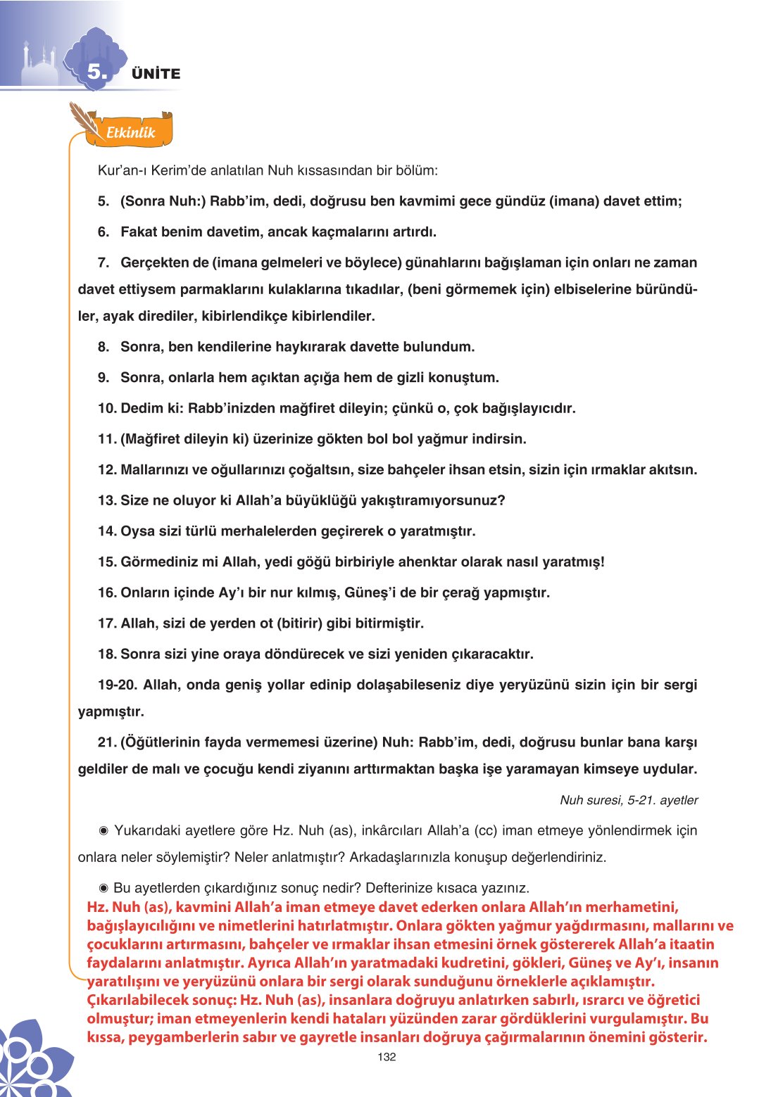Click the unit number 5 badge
[x=96, y=72]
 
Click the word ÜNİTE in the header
[x=156, y=74]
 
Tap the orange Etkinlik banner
[x=131, y=132]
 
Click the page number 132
[x=387, y=1056]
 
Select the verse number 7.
[x=103, y=262]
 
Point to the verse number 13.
[x=107, y=500]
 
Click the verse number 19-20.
[x=118, y=685]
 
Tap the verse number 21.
[x=107, y=742]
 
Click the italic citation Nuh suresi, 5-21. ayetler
[x=629, y=800]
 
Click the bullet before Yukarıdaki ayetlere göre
[x=103, y=831]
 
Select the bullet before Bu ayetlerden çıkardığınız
[x=103, y=888]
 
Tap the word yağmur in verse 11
[x=442, y=439]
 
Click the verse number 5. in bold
[x=103, y=201]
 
